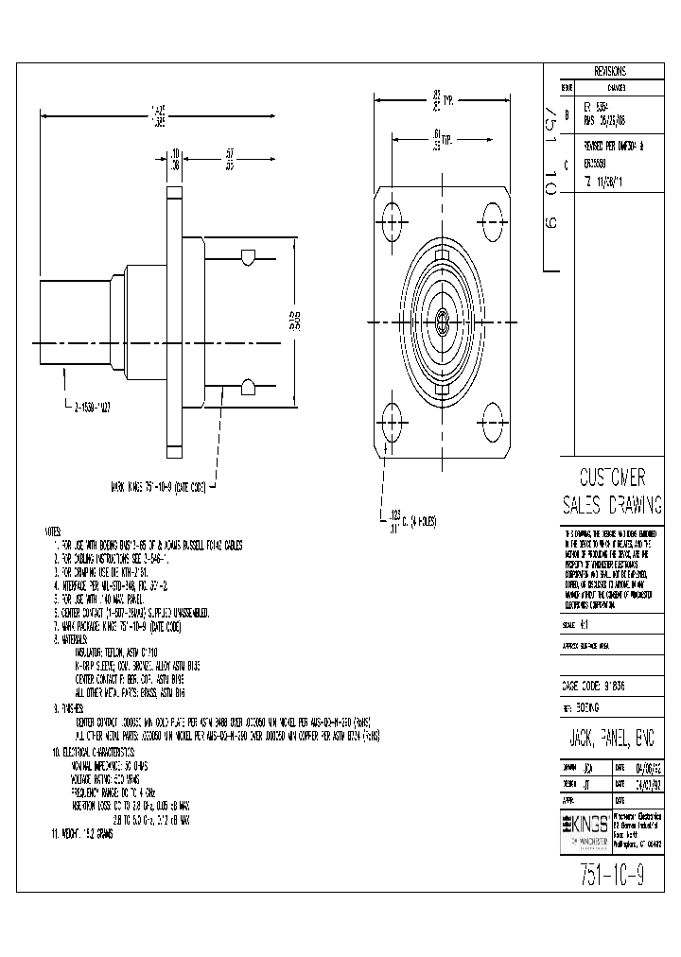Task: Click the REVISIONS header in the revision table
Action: coord(609,71)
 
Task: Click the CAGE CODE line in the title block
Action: coord(594,685)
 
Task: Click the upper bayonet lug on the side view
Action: coord(247,257)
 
